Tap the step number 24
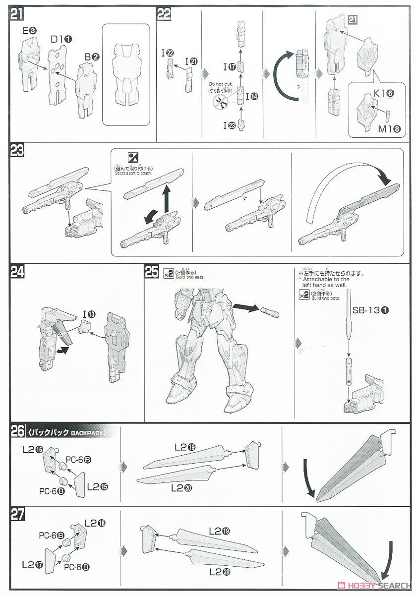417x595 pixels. pyautogui.click(x=17, y=272)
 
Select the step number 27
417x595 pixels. pyautogui.click(x=17, y=515)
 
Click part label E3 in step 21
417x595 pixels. pyautogui.click(x=29, y=31)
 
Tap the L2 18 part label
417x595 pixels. pyautogui.click(x=95, y=523)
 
